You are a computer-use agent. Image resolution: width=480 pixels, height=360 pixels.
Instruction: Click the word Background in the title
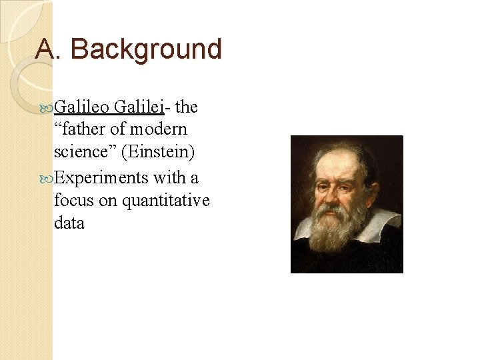point(146,49)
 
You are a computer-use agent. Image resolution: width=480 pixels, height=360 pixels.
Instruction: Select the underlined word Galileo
point(82,107)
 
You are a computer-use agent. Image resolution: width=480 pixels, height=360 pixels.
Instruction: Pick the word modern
point(159,129)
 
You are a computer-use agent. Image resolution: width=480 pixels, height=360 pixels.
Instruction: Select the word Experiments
point(101,177)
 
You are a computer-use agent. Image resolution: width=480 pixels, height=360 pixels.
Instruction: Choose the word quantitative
point(166,200)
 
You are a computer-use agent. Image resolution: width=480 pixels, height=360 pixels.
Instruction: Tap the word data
point(69,223)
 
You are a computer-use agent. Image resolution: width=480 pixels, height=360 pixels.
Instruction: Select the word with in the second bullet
point(167,177)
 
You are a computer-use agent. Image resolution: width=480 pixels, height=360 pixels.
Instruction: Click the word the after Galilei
point(187,107)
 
